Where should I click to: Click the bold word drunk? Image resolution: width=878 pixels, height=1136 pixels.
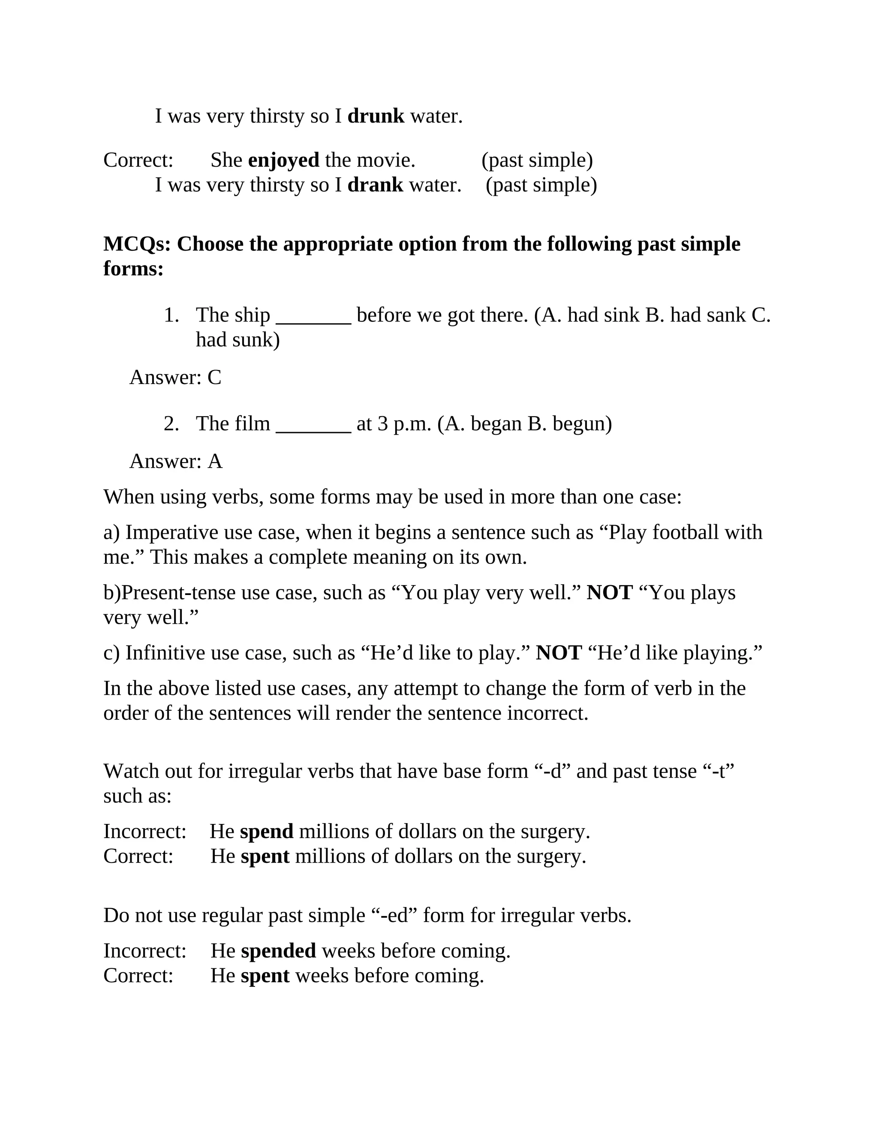coord(376,116)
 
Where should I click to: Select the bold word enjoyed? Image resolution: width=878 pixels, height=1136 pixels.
coord(283,160)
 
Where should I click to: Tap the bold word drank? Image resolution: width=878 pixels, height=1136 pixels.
coord(375,185)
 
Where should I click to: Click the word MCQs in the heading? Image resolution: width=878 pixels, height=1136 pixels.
coord(137,244)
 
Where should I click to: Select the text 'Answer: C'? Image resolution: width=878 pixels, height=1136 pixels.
coord(175,378)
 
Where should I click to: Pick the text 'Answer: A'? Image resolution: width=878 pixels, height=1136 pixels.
coord(176,461)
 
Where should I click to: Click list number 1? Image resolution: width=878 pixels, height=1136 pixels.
coord(171,315)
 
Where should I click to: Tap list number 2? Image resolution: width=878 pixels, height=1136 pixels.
coord(171,424)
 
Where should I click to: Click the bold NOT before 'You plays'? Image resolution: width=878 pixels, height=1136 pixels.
coord(610,593)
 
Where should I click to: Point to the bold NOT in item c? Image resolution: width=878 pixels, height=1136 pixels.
coord(559,653)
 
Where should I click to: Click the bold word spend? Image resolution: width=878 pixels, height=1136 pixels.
coord(267,832)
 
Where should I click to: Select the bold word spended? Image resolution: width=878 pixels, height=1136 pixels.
coord(278,951)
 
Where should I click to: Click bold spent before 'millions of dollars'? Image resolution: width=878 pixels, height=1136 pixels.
coord(265,856)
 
